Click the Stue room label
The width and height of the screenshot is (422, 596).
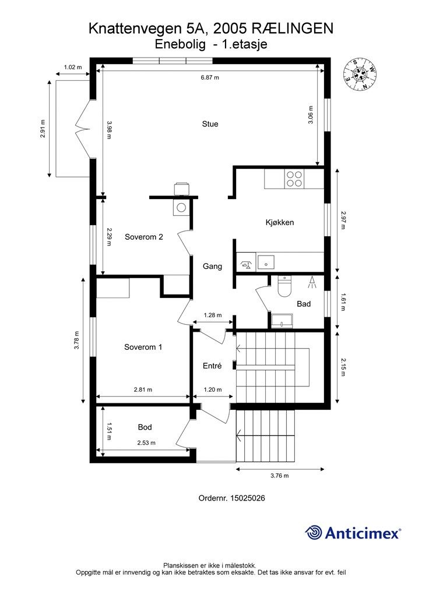210,124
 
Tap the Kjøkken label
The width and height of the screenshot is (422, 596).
280,222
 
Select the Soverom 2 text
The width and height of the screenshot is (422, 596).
144,237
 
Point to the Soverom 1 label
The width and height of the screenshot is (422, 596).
143,347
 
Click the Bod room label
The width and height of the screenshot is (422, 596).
145,427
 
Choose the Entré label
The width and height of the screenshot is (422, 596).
212,366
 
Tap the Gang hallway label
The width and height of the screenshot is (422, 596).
212,267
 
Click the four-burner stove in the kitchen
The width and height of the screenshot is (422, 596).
295,179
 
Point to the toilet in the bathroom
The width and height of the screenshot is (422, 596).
284,286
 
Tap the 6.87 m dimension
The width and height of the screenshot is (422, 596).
210,77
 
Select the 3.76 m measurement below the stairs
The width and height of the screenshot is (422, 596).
280,476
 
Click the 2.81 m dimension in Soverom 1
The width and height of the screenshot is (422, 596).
143,389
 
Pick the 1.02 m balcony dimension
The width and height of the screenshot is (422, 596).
73,68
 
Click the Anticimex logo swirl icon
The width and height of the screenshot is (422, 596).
314,532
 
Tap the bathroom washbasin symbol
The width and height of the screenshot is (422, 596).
282,321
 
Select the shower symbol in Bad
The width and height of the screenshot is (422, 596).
312,282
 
